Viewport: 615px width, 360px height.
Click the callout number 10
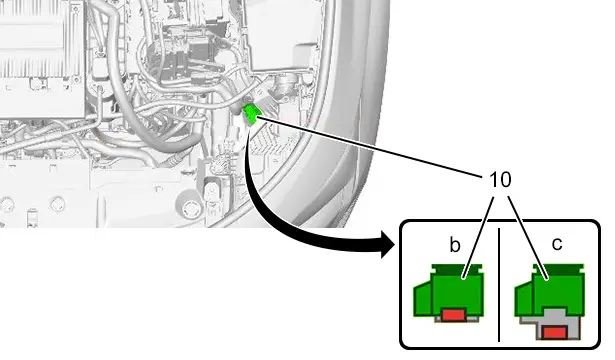(x=500, y=180)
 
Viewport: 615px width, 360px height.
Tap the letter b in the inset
(x=455, y=245)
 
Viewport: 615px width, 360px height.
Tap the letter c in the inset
(x=557, y=244)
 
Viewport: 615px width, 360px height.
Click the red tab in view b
(x=453, y=315)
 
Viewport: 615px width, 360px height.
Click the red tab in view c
(x=555, y=333)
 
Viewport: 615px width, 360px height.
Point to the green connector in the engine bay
(x=250, y=114)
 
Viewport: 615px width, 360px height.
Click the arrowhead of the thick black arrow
(x=388, y=244)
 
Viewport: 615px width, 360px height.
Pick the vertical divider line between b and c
(x=499, y=284)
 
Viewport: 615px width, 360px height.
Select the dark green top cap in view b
(x=457, y=269)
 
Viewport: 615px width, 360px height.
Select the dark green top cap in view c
(x=558, y=269)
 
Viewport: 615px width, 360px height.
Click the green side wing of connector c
(x=524, y=298)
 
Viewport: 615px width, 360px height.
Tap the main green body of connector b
(x=457, y=292)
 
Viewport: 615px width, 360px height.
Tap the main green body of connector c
(x=559, y=291)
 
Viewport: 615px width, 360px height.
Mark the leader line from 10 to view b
(x=478, y=237)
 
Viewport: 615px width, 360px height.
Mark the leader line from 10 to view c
(x=528, y=238)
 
